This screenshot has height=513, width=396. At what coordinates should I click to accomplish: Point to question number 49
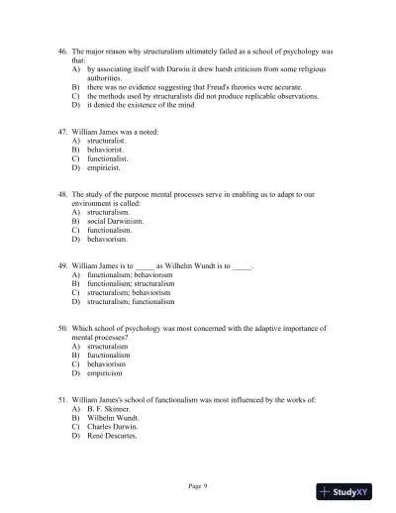pos(62,265)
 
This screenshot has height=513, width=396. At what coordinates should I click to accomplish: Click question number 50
pos(62,327)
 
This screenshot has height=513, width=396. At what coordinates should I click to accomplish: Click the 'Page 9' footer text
pos(198,486)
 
